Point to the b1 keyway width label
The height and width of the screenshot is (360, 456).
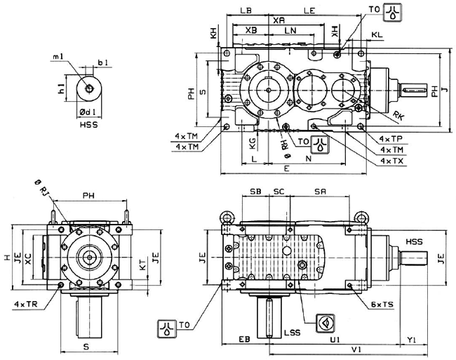[102, 63]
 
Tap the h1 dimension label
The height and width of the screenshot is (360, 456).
[62, 89]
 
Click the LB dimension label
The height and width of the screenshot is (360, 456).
[245, 12]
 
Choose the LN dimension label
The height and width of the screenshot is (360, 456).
[288, 31]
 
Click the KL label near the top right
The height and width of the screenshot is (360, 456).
[377, 34]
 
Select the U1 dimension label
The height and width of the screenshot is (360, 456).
[335, 339]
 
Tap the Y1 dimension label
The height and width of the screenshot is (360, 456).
[413, 339]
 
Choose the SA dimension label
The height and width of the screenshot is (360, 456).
[321, 191]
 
